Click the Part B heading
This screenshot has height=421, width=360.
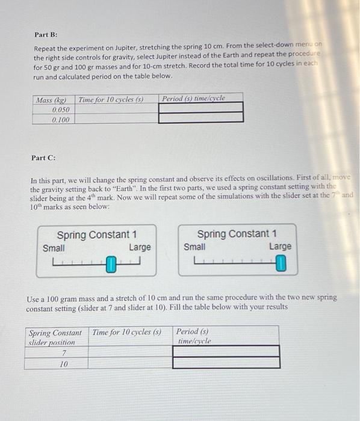coord(45,35)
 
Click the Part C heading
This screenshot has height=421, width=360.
coord(43,158)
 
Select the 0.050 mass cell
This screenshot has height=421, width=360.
coord(60,109)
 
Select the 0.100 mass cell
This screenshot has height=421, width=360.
coord(60,120)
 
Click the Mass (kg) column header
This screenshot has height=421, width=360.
coord(52,99)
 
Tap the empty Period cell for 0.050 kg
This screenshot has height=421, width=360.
coord(201,108)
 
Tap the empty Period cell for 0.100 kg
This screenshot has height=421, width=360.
coord(201,118)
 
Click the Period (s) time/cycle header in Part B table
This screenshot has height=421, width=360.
coord(194,98)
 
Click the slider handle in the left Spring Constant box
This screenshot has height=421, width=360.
coord(111,263)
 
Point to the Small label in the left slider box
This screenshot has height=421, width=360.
coord(54,247)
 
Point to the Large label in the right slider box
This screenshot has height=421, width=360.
coord(280,247)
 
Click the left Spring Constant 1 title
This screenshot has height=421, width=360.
coord(96,235)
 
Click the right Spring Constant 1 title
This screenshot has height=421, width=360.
coord(237,233)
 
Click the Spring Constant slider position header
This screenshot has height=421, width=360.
coord(55,337)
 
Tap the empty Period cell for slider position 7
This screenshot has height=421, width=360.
coord(226,351)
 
